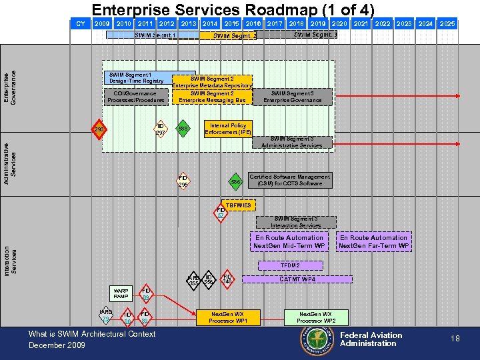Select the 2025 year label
447,24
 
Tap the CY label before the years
81,24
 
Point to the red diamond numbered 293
99,129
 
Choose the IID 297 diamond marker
160,129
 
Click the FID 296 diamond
183,181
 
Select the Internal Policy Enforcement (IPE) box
228,129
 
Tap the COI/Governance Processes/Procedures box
135,97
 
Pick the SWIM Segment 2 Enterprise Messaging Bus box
212,97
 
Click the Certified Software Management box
289,180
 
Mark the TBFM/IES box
238,205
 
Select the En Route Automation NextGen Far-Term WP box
373,241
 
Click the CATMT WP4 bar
297,279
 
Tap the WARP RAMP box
121,293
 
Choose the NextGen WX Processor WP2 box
317,317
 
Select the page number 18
455,339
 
